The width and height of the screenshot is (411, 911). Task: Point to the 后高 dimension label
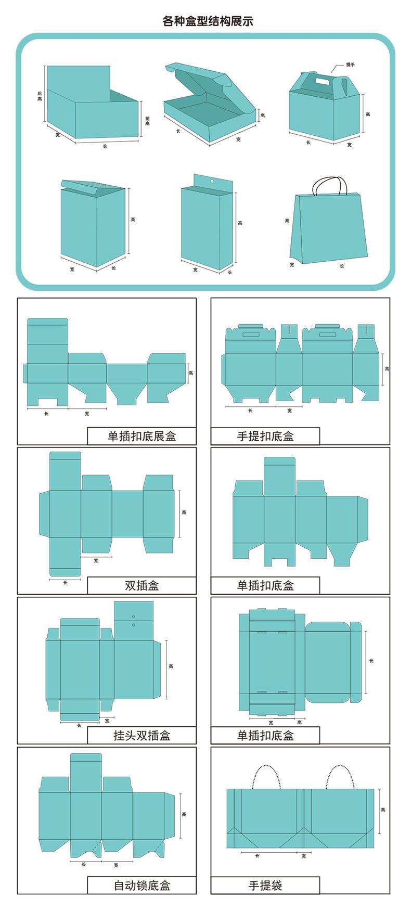point(40,96)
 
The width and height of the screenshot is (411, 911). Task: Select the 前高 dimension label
point(147,121)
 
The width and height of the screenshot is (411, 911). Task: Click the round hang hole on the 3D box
point(212,181)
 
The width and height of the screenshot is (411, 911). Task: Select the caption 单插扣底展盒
point(142,436)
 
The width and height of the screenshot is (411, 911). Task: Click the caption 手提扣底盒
point(265,436)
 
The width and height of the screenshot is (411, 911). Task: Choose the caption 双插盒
point(142,585)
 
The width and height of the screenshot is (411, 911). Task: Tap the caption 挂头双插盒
point(142,735)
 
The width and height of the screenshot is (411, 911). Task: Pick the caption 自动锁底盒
point(142,885)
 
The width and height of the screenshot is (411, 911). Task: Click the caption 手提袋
point(265,885)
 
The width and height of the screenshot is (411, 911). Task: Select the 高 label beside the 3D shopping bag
point(287,221)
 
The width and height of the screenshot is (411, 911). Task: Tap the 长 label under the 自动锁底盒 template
point(84,864)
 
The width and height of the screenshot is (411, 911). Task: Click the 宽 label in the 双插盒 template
point(96,560)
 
